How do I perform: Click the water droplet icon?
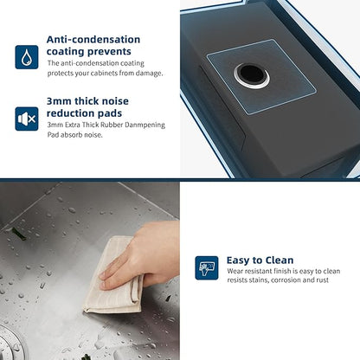(27, 57)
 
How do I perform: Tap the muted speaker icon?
(27, 119)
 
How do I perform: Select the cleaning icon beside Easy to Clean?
(207, 268)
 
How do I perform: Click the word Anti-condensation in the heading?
(93, 40)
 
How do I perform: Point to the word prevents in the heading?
(109, 52)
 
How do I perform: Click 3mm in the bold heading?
(59, 101)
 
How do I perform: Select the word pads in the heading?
(110, 113)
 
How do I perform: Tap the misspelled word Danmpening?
(145, 125)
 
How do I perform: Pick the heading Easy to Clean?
(260, 260)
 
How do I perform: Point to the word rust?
(323, 280)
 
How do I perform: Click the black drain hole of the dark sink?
(252, 75)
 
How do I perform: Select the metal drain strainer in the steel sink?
(10, 344)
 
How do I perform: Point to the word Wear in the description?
(235, 271)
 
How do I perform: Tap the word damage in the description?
(149, 74)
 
